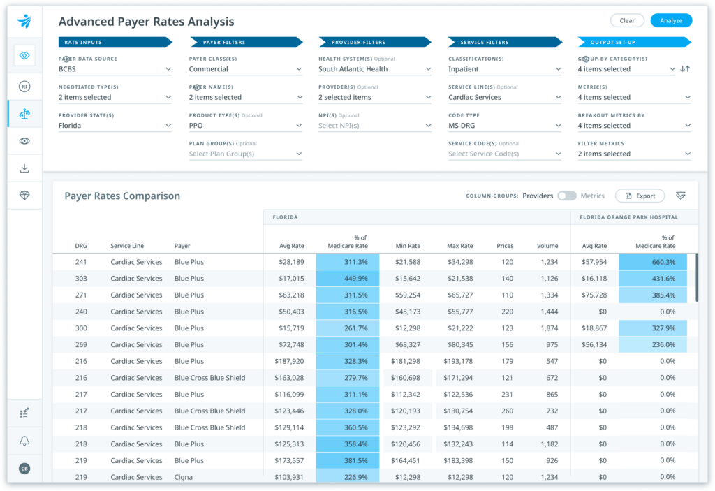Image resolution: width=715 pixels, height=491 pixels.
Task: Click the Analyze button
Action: tap(671, 21)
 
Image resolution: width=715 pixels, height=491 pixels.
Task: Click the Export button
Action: tap(640, 196)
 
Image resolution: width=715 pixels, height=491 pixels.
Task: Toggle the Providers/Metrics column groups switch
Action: tap(566, 196)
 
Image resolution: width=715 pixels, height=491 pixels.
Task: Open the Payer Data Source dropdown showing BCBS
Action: tap(115, 69)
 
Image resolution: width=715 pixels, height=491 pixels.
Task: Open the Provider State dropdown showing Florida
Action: tap(115, 126)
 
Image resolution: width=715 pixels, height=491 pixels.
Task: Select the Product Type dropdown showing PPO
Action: tap(245, 126)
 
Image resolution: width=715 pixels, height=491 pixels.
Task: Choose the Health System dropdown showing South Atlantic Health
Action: tap(375, 69)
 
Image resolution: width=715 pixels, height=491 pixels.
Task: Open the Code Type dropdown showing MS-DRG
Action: tap(504, 126)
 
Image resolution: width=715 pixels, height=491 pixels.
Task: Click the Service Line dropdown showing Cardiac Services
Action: tap(504, 97)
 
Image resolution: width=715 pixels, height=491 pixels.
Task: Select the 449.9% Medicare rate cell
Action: tap(348, 279)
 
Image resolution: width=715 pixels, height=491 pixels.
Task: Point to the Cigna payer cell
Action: tap(184, 477)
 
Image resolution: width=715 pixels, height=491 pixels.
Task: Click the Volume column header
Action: tap(547, 246)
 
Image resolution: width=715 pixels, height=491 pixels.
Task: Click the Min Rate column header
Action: tap(408, 246)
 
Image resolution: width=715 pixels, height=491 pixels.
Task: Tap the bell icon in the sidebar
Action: tap(24, 441)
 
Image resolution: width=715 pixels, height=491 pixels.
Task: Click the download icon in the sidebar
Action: tap(24, 168)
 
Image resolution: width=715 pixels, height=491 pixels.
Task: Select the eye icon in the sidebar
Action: tap(24, 141)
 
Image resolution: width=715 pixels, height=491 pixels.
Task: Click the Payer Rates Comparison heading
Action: tap(122, 196)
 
